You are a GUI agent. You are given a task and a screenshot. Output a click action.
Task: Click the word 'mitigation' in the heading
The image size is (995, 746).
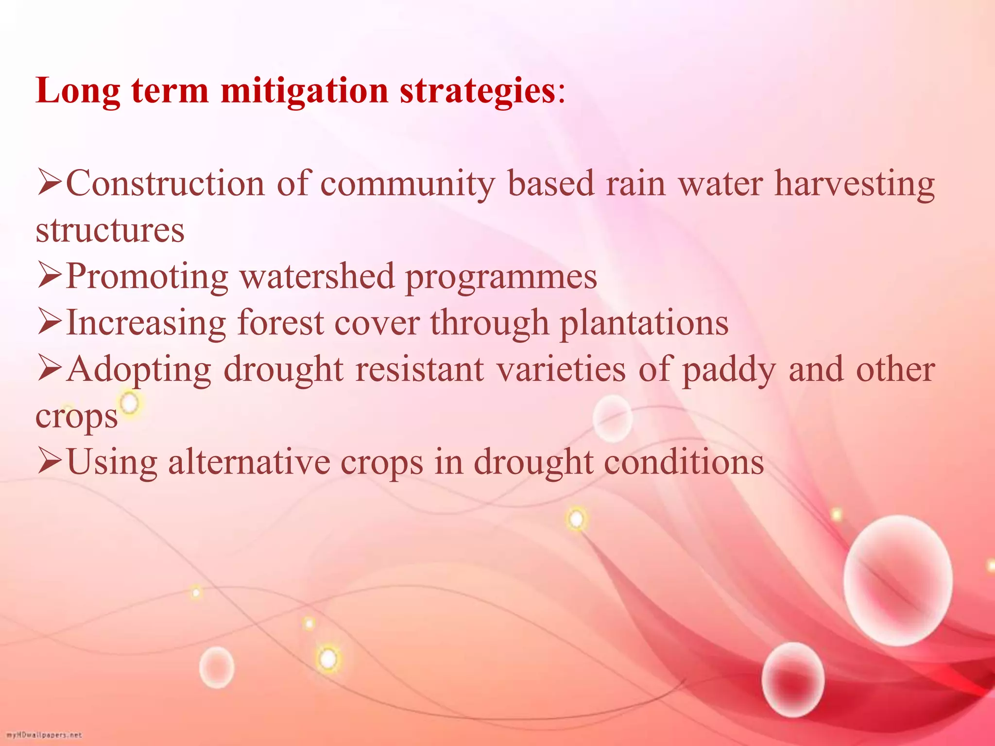coord(304,91)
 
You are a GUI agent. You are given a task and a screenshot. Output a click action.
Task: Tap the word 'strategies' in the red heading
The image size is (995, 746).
coord(478,91)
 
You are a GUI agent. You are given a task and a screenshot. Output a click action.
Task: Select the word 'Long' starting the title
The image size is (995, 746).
coord(78,91)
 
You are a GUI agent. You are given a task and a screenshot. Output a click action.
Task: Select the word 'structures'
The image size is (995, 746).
coord(110,230)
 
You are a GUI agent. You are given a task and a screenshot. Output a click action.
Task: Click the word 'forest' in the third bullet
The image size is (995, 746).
coord(280,323)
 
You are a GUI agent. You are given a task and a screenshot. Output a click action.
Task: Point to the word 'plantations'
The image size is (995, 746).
coord(644,323)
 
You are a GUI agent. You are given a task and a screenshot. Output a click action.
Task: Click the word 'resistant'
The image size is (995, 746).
coord(419,369)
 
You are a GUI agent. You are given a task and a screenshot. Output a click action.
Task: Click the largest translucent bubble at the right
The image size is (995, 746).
coord(898,580)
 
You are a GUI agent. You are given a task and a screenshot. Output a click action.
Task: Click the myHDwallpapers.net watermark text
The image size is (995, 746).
coord(44,735)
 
